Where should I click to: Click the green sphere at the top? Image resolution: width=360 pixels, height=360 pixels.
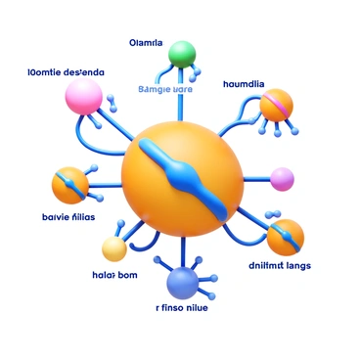click(182, 54)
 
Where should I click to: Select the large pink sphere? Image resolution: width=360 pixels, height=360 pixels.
click(83, 96)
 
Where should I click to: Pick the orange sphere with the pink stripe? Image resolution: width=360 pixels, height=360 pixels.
click(276, 105)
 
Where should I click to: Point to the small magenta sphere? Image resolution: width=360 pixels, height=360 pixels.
click(282, 178)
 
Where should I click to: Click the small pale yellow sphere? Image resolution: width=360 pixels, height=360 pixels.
click(114, 249)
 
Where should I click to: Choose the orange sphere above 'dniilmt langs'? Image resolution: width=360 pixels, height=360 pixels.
click(285, 237)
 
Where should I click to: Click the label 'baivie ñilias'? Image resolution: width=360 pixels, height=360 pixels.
click(64, 217)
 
